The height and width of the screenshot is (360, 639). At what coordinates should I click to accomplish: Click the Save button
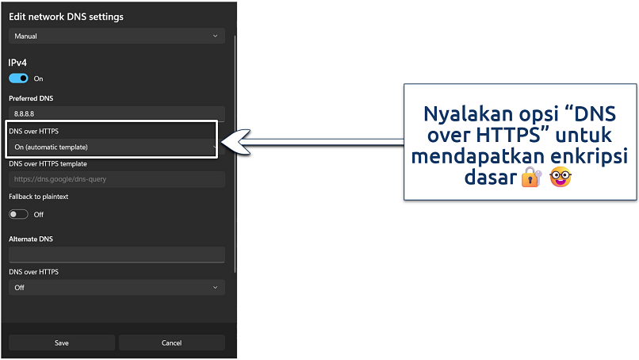(62, 343)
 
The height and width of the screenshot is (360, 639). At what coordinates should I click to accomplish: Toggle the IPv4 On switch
(18, 79)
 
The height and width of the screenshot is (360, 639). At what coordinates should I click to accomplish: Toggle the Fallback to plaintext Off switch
(18, 214)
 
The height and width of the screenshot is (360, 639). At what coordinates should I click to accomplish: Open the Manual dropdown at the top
(117, 36)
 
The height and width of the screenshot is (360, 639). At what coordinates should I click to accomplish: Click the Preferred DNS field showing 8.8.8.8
(117, 114)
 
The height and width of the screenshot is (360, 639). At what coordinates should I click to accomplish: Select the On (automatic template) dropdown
(112, 147)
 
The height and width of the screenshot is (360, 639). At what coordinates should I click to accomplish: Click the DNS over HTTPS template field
(117, 179)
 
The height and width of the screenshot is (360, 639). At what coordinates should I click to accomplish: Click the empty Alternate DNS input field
(117, 254)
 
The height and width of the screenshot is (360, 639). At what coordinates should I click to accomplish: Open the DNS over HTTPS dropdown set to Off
(117, 287)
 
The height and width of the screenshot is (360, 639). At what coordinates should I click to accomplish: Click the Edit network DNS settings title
(66, 17)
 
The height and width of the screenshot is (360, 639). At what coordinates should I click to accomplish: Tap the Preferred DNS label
(31, 98)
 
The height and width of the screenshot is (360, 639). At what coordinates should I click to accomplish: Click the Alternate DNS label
(31, 239)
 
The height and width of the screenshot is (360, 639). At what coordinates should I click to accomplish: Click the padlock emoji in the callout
(530, 179)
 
